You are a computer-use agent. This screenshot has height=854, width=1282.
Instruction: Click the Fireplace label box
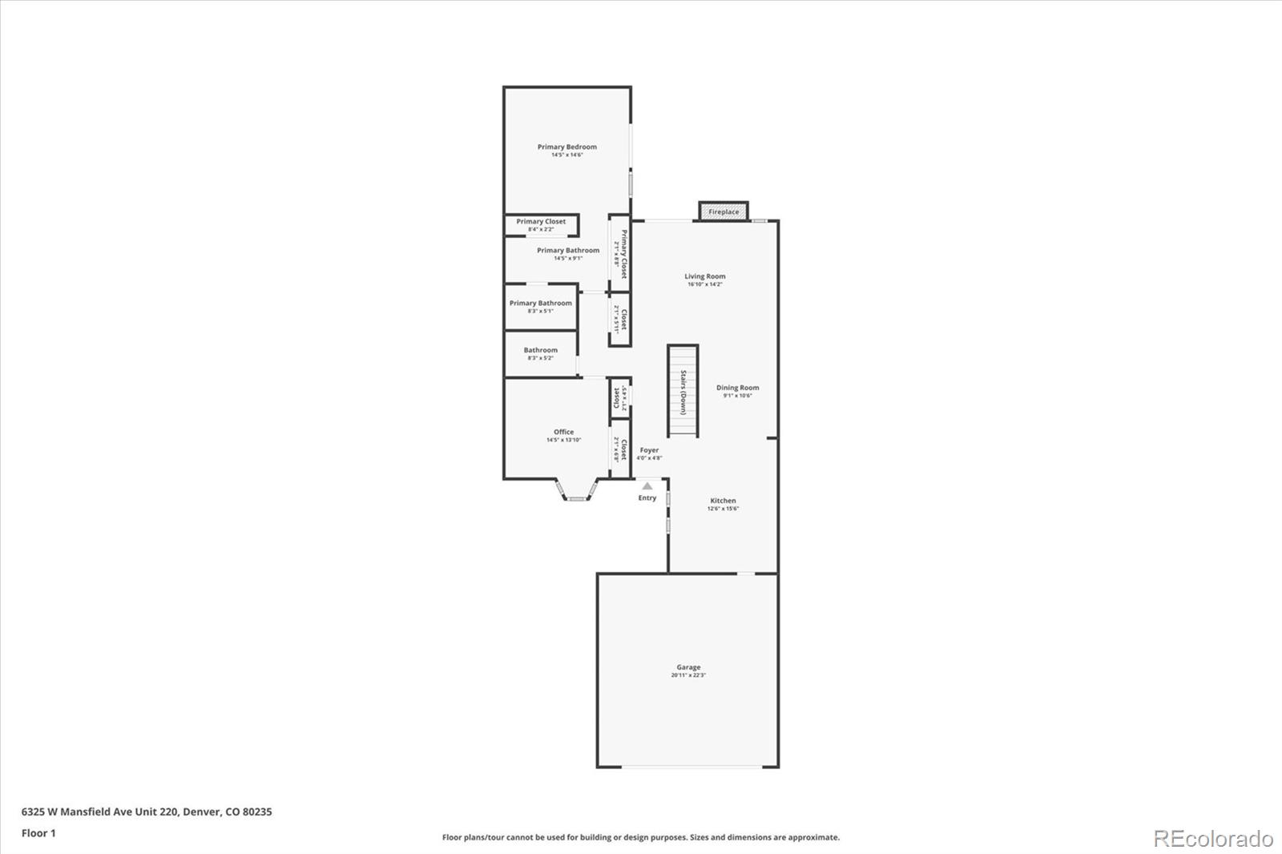click(x=724, y=211)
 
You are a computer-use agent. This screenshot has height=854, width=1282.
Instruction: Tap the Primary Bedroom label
click(x=566, y=147)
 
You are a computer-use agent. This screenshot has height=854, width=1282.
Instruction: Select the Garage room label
click(x=688, y=667)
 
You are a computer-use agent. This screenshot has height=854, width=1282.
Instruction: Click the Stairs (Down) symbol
click(x=683, y=391)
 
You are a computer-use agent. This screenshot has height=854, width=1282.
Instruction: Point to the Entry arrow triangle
click(x=647, y=485)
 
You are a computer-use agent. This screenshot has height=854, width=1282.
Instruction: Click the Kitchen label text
click(x=723, y=501)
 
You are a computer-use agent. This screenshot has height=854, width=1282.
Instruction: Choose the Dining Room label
click(x=737, y=388)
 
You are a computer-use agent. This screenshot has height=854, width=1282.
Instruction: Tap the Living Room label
click(x=705, y=276)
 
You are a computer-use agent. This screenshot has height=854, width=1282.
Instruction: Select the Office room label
click(x=563, y=432)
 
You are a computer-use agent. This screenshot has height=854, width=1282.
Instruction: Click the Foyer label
click(x=649, y=450)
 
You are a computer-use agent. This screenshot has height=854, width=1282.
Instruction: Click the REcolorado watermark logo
click(x=1212, y=838)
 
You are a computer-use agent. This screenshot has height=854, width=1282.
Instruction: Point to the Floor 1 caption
click(x=38, y=833)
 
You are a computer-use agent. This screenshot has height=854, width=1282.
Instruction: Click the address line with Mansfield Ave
click(x=147, y=812)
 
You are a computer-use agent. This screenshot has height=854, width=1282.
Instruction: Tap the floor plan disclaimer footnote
click(x=641, y=837)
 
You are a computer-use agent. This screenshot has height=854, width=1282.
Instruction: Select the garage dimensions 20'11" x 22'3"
click(x=688, y=675)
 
